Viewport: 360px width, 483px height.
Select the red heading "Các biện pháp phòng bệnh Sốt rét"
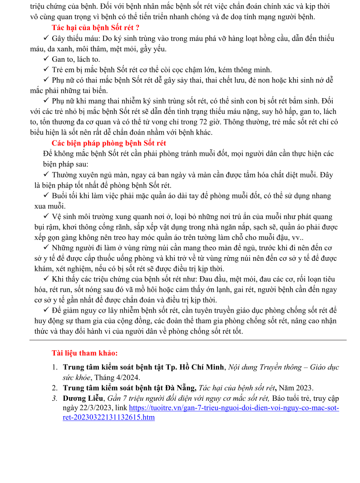109,144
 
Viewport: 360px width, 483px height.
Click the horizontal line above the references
188,340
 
